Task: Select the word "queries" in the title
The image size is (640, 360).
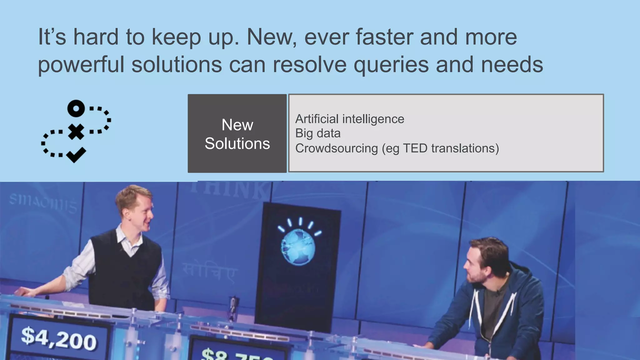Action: pyautogui.click(x=391, y=65)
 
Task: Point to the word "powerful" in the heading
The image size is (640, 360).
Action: pyautogui.click(x=81, y=65)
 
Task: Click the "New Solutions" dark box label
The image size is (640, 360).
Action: pyautogui.click(x=237, y=134)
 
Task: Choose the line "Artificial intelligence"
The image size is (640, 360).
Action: pyautogui.click(x=349, y=119)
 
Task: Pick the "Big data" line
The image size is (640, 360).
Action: pyautogui.click(x=317, y=133)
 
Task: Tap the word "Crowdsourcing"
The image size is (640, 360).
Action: pyautogui.click(x=336, y=148)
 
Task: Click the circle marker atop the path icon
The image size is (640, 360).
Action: pyautogui.click(x=76, y=109)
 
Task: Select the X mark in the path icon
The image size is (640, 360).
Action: pyautogui.click(x=76, y=132)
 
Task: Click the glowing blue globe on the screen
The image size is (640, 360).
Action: pyautogui.click(x=298, y=247)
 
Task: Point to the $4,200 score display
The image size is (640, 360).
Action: pyautogui.click(x=59, y=339)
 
